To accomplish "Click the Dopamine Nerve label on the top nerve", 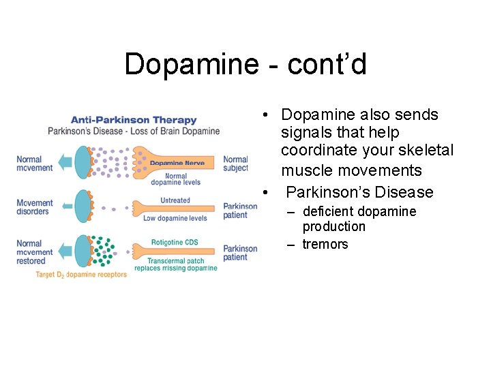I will point(177,163).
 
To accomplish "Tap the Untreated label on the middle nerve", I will point(175,200).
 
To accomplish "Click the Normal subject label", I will point(235,164).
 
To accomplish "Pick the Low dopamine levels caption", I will point(175,219).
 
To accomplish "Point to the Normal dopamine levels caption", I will point(176,179).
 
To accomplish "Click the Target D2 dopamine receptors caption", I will point(81,275).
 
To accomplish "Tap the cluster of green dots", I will point(103,251).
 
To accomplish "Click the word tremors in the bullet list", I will point(325,244).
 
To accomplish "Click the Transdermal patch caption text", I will point(176,261).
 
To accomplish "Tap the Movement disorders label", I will point(33,207).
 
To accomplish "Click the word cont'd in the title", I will point(327,65).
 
